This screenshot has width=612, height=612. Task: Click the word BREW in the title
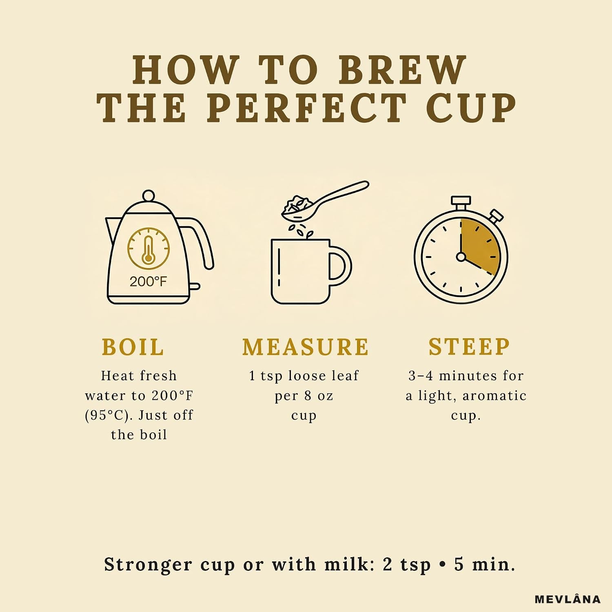[402, 70]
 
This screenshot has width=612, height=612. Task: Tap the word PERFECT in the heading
[307, 108]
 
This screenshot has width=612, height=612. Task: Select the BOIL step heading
[133, 347]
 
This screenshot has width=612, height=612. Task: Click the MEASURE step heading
[306, 347]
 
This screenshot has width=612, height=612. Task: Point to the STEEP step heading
[469, 347]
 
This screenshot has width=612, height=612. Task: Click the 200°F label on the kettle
[148, 282]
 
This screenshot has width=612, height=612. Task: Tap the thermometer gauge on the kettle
[149, 248]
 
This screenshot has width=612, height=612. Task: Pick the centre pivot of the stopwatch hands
[461, 257]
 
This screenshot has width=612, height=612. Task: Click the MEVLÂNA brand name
[568, 599]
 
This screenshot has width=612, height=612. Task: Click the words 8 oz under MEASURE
[319, 395]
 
